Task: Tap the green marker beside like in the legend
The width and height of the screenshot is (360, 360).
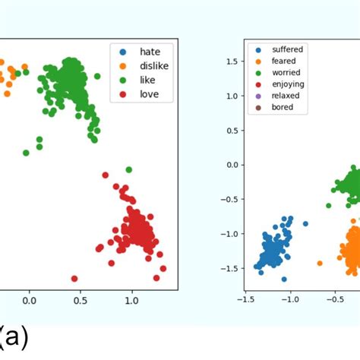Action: click(122, 80)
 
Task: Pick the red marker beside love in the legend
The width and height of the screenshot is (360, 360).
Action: click(122, 94)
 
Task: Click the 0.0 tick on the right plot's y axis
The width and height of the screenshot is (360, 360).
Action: click(233, 164)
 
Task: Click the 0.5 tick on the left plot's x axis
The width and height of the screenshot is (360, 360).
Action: click(81, 300)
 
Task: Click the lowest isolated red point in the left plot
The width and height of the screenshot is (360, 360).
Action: click(74, 279)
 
